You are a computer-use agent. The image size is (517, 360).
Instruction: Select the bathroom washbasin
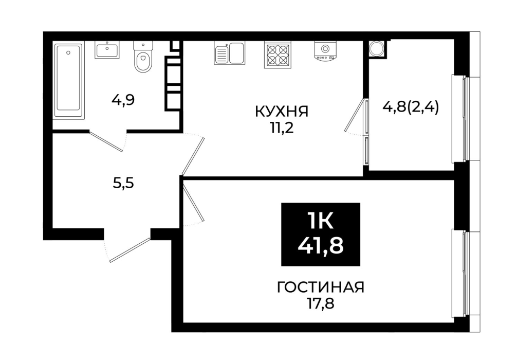click(107, 50)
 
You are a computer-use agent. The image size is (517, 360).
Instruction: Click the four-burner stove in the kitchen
click(278, 55)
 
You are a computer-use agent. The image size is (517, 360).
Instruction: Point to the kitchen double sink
click(230, 53)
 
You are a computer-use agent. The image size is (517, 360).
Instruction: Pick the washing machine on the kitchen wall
click(325, 51)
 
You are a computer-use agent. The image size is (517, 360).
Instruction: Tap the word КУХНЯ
click(282, 112)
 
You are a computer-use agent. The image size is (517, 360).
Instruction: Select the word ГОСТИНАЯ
click(321, 287)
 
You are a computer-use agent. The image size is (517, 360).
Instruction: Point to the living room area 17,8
click(320, 303)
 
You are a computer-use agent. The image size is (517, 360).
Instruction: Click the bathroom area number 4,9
click(123, 100)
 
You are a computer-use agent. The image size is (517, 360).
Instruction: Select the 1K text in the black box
click(321, 221)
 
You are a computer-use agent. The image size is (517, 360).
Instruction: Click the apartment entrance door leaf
click(130, 250)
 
